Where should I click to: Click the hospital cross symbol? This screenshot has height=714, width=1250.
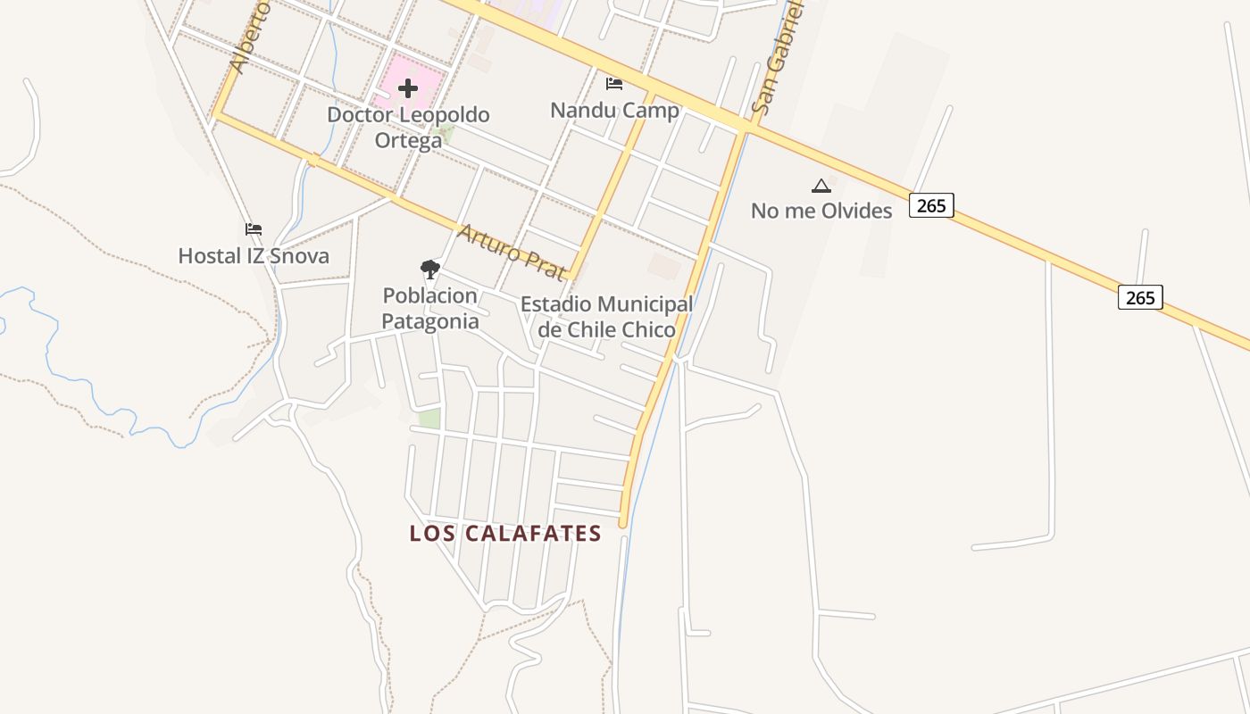(408, 88)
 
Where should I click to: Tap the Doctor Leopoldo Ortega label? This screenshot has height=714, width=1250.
(408, 128)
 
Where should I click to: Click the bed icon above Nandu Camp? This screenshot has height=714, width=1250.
(614, 84)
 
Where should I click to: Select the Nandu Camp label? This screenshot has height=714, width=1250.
(614, 111)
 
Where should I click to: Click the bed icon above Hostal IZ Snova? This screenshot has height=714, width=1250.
(254, 229)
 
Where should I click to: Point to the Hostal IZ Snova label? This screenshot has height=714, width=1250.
(254, 256)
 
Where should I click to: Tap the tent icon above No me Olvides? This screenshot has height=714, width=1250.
(821, 186)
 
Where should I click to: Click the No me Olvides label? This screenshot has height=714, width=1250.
(821, 212)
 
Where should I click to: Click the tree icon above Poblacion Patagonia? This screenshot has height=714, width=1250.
(430, 269)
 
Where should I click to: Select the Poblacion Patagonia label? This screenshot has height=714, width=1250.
(430, 308)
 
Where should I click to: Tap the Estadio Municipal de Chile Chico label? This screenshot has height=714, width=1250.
(606, 317)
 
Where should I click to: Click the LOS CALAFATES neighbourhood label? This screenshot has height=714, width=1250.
(505, 534)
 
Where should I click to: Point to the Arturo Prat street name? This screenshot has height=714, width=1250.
(512, 253)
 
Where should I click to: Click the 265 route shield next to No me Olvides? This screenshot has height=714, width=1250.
(931, 205)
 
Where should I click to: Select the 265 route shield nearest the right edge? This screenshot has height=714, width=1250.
(1140, 297)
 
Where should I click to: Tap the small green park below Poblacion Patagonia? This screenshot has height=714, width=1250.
(429, 419)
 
